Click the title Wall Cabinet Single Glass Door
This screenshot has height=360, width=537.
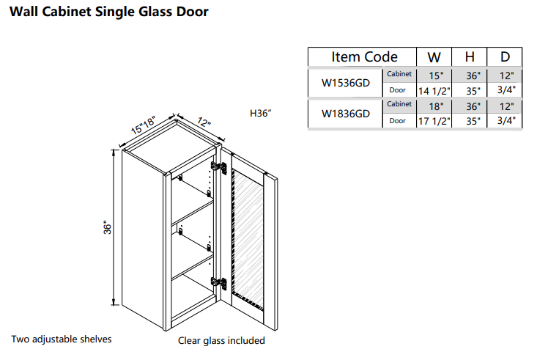[108, 12]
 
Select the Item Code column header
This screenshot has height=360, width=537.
[364, 57]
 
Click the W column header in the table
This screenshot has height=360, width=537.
[434, 57]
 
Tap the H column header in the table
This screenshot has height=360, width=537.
[469, 57]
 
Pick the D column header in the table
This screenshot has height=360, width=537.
[505, 57]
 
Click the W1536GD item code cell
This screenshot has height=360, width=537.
[346, 83]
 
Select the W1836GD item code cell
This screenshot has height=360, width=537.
[346, 113]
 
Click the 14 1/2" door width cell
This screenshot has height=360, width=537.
[434, 90]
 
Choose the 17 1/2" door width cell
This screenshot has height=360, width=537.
[434, 121]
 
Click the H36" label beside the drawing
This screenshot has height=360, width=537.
[261, 113]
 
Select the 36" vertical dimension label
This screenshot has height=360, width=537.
[107, 228]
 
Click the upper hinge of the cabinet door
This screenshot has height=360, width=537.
[218, 169]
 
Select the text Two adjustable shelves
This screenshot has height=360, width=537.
[61, 339]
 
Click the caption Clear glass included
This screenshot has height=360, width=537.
[221, 340]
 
